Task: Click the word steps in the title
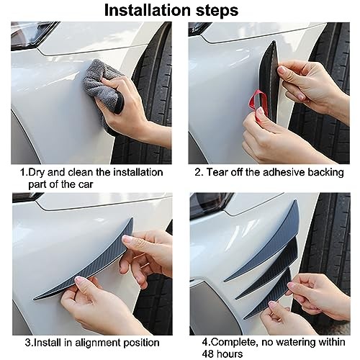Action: [x=217, y=11]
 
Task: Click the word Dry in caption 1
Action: [x=37, y=173]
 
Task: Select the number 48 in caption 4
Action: [x=208, y=354]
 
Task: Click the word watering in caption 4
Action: [x=297, y=343]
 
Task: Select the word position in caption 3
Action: [x=141, y=343]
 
